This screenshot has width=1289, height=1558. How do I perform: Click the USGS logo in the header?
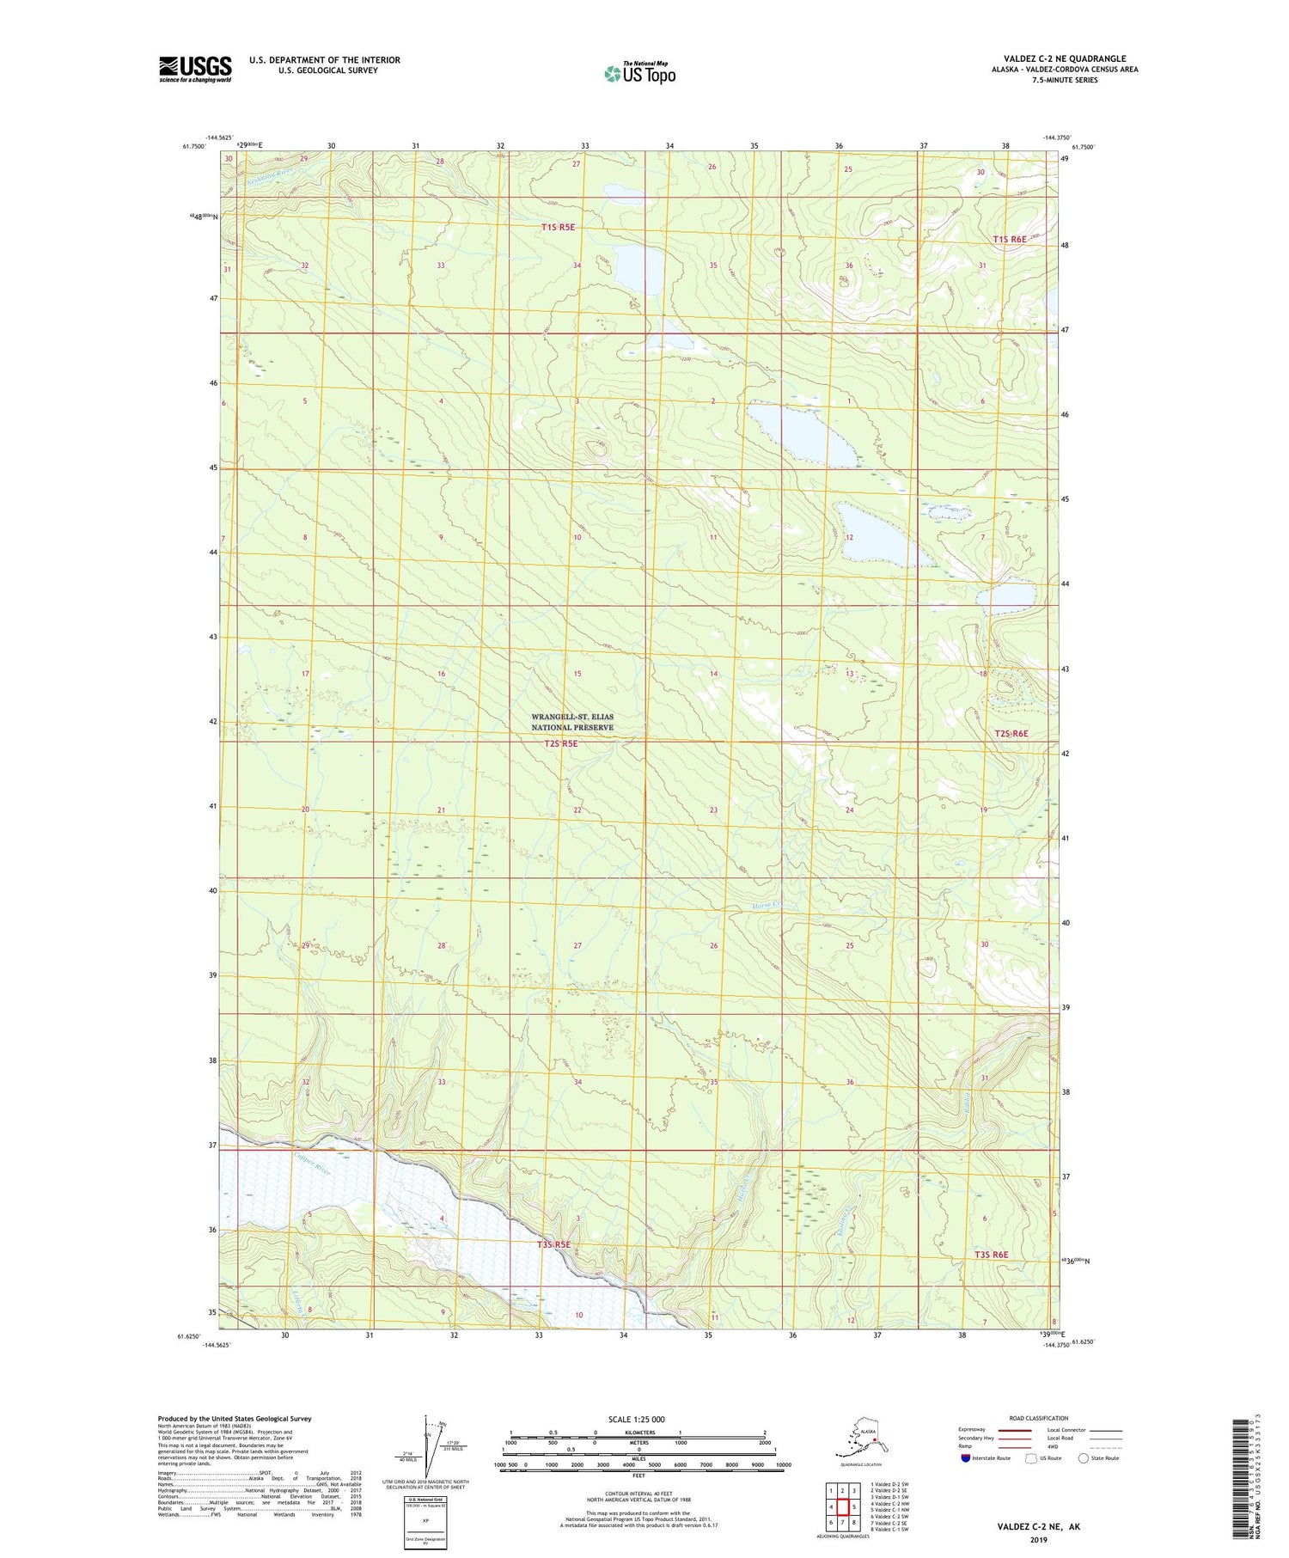(x=195, y=69)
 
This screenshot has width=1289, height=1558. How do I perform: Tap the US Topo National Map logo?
(x=640, y=72)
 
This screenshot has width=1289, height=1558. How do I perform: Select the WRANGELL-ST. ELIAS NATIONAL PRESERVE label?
(x=572, y=722)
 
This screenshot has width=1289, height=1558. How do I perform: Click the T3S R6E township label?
(x=991, y=1255)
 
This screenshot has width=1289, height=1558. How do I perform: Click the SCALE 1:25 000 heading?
(x=636, y=1419)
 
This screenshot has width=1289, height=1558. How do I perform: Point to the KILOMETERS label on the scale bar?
(x=638, y=1433)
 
